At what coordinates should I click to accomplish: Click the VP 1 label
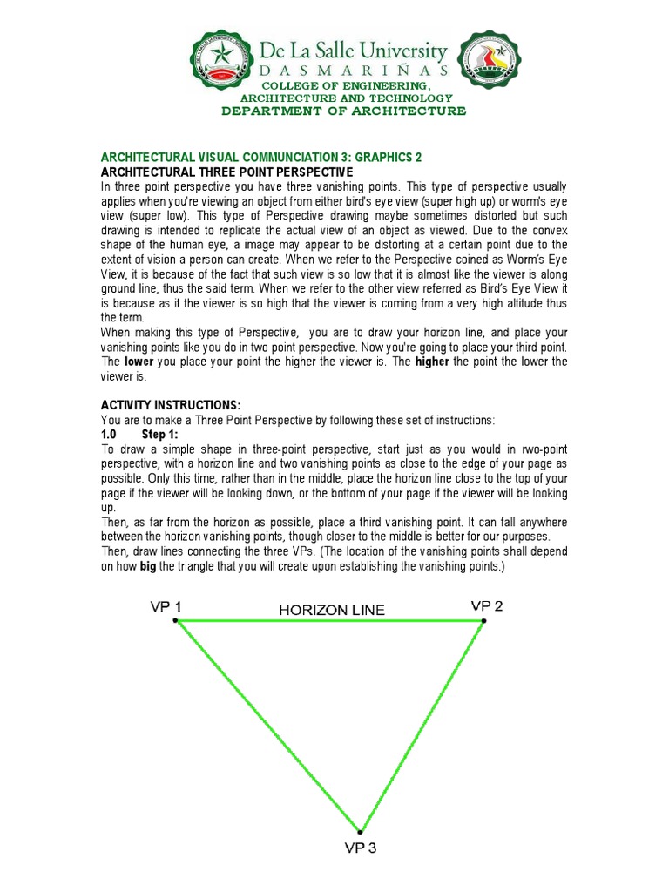click(x=166, y=607)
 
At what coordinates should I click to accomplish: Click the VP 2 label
click(x=487, y=605)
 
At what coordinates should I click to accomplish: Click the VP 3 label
click(x=360, y=848)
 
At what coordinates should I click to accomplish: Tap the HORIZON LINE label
click(x=331, y=610)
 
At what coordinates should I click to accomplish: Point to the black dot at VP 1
click(x=176, y=620)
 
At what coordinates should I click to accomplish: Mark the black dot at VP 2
click(x=484, y=620)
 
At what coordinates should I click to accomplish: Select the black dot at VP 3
click(x=360, y=832)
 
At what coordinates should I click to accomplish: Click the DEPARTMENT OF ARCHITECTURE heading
click(x=331, y=111)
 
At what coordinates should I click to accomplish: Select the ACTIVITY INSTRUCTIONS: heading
click(x=171, y=405)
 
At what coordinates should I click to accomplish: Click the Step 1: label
click(x=159, y=434)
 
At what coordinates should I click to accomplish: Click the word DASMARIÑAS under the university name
click(x=355, y=71)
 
